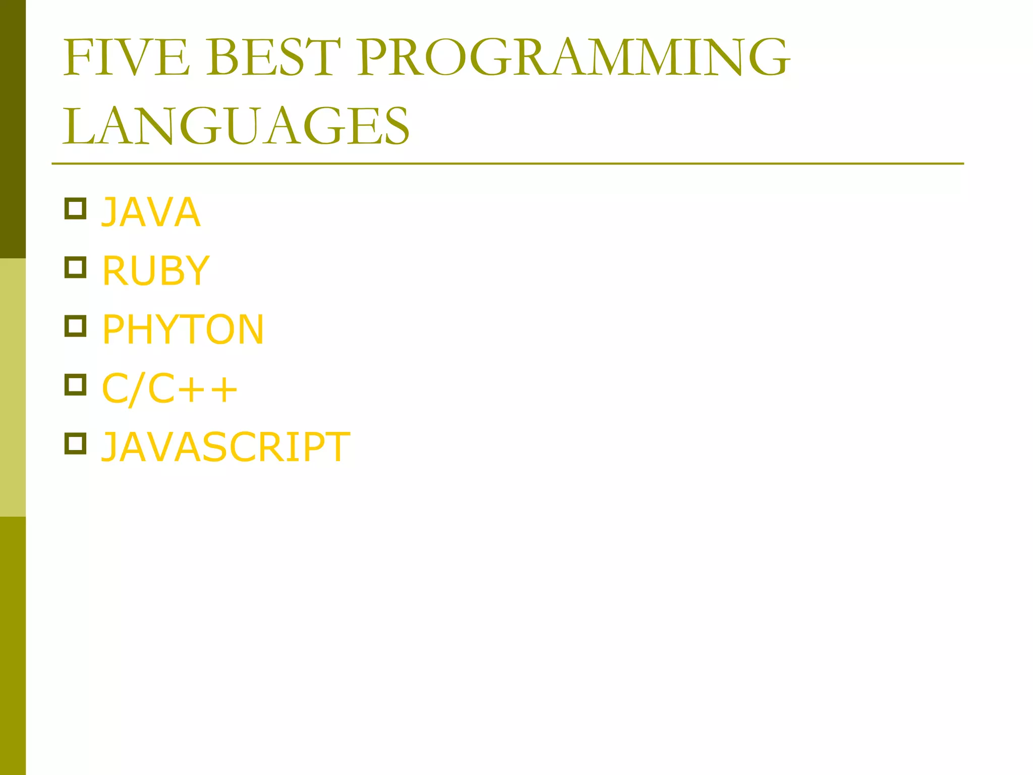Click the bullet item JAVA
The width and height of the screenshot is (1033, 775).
(x=151, y=212)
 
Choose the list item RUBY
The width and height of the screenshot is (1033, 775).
(x=155, y=271)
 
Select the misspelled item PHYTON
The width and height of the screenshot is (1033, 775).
(x=183, y=330)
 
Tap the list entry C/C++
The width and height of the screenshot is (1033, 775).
(x=169, y=389)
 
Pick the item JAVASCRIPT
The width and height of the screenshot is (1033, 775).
(x=225, y=448)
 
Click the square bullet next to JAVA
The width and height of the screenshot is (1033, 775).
(x=76, y=208)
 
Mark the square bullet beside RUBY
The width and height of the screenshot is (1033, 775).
(x=76, y=267)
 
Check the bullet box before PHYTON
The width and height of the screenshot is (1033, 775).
(x=76, y=326)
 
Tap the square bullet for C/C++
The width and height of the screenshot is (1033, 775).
(x=76, y=385)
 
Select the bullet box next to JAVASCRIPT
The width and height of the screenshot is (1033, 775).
(x=76, y=444)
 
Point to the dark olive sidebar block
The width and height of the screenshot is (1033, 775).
(x=13, y=129)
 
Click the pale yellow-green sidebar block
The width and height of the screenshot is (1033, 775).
(x=13, y=387)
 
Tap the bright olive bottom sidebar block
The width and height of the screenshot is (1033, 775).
(x=13, y=646)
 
